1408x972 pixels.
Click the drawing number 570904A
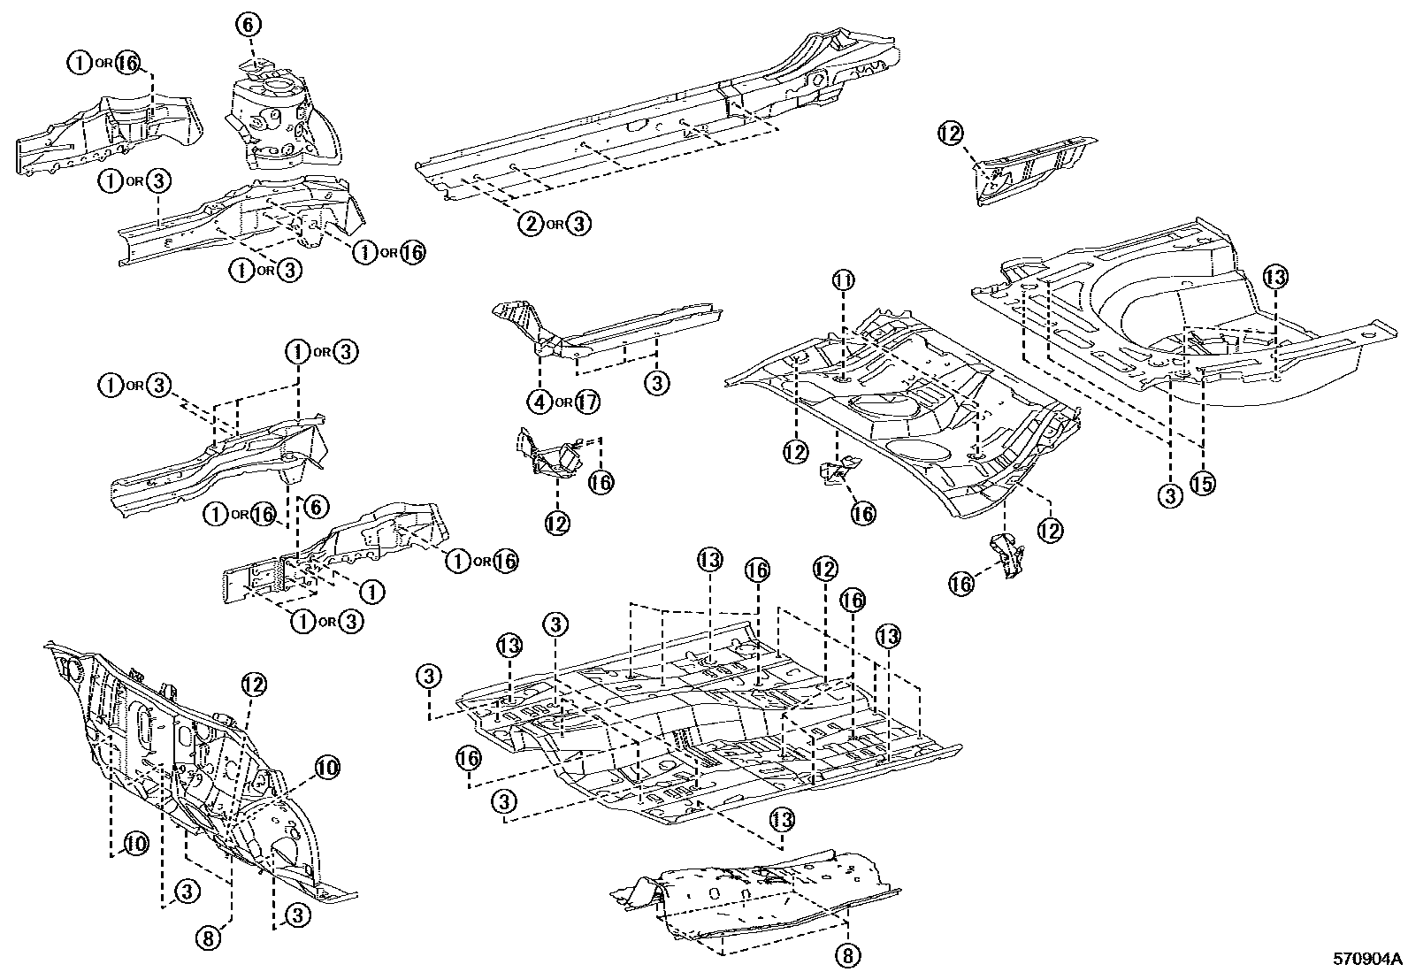1368,959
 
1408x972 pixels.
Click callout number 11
843,281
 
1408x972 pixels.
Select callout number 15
1202,483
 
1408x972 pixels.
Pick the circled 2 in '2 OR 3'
530,223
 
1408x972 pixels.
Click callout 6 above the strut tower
249,25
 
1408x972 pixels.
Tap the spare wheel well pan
1176,318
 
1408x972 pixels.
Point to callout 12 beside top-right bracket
950,134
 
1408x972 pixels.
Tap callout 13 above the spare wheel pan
1274,277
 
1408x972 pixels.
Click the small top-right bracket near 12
1030,168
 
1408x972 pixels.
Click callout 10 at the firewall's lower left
134,844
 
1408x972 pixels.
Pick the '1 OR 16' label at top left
104,62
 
